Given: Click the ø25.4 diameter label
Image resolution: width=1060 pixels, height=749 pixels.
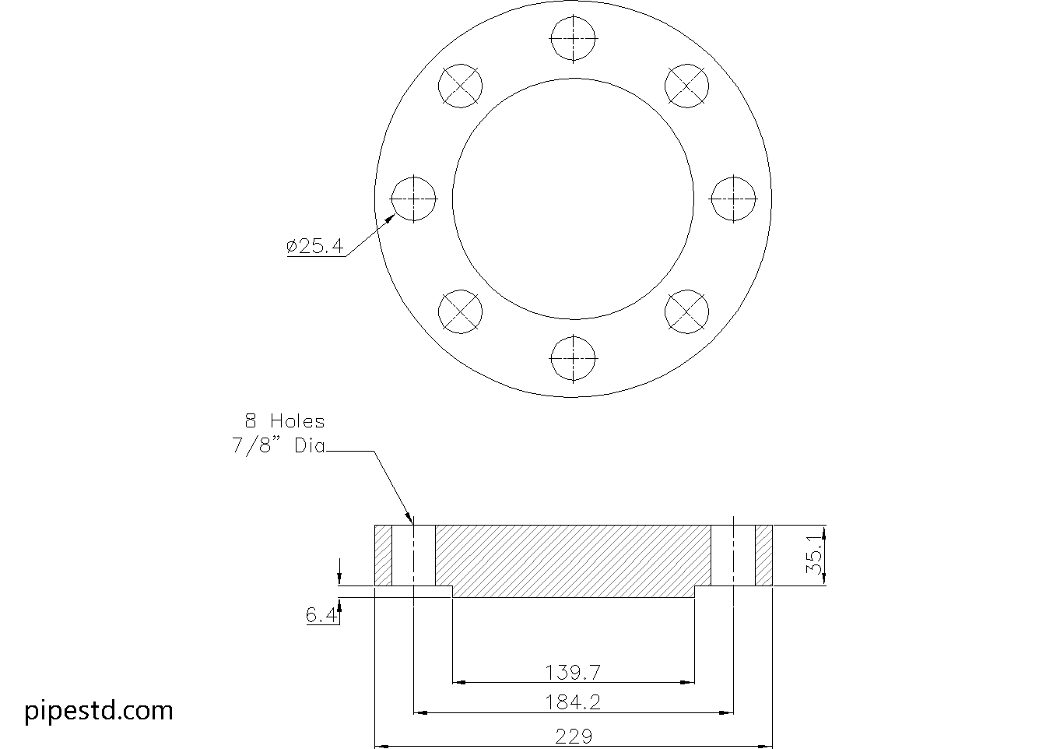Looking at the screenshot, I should click(x=315, y=247).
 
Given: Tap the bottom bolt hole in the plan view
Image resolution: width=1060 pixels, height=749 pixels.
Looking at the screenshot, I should click(x=574, y=359).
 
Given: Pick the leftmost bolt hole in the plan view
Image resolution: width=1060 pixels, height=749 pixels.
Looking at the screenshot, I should click(x=413, y=199).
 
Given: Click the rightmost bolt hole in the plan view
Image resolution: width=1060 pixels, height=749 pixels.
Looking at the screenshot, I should click(x=734, y=199).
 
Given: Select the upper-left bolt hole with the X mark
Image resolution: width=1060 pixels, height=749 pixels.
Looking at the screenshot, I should click(x=460, y=86).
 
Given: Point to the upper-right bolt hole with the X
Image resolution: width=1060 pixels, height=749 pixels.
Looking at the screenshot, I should click(x=687, y=86).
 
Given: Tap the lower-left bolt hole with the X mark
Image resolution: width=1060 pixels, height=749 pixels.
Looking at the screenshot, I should click(x=460, y=311).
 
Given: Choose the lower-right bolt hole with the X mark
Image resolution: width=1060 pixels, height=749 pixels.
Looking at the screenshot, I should click(x=687, y=311).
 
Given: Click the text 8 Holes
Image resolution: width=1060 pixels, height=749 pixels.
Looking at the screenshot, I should click(x=284, y=421).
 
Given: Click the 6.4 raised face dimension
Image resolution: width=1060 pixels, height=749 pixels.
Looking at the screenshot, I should click(x=321, y=616).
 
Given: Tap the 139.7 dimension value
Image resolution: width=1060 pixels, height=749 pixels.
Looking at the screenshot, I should click(x=573, y=671).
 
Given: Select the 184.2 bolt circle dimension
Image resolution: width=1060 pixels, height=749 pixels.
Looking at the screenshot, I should click(x=573, y=702).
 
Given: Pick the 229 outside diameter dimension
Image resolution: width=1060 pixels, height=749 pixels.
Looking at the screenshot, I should click(x=573, y=735).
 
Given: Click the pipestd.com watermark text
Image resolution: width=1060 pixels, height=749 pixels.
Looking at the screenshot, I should click(x=99, y=710).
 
